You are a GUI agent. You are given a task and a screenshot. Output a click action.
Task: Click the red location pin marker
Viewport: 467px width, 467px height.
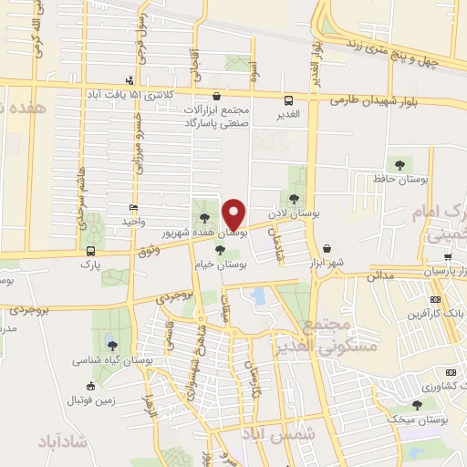[x=235, y=213]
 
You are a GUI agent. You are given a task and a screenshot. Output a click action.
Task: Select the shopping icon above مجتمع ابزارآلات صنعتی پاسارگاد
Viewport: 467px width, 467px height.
[x=216, y=96]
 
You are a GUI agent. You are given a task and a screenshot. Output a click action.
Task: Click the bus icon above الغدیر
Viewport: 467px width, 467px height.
[x=288, y=100]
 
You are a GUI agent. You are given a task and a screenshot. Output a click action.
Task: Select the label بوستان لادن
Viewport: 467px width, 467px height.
[x=304, y=212]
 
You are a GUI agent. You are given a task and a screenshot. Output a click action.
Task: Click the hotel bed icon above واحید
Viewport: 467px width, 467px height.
[x=134, y=208]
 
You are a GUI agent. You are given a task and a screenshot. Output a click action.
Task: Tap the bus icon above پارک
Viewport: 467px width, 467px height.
[x=89, y=249]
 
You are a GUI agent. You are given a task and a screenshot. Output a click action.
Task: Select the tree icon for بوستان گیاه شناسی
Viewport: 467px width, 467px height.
[x=111, y=345]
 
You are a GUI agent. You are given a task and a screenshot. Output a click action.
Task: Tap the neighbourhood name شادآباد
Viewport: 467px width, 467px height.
[x=63, y=441]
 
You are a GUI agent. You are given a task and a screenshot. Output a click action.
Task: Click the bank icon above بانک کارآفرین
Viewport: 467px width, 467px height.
[x=436, y=299]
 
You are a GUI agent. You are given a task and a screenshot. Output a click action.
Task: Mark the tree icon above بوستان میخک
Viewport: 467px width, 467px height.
[x=417, y=404]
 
